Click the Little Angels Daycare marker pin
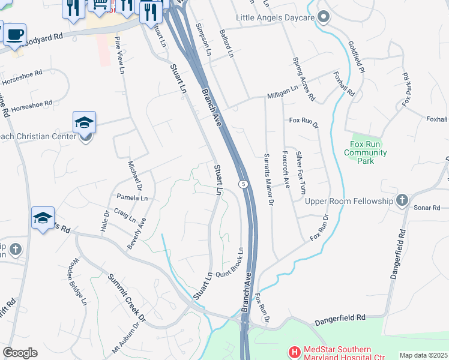[324, 17]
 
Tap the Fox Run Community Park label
[365, 152]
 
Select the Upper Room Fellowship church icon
[402, 200]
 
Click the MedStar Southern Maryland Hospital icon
[294, 351]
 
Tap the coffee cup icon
[15, 34]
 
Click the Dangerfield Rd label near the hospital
[340, 318]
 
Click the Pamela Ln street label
[132, 197]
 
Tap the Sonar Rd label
[427, 208]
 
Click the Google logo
[20, 353]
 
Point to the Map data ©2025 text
[423, 355]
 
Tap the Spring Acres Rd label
[303, 78]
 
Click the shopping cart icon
[98, 5]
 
